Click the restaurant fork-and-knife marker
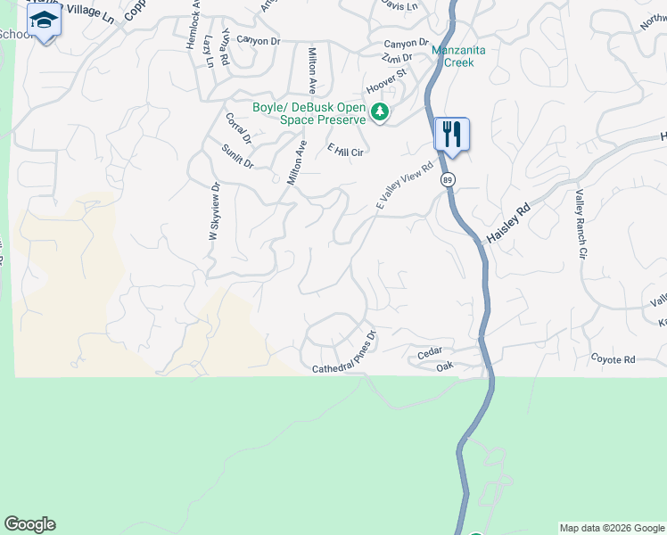pyautogui.click(x=451, y=135)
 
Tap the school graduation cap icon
pyautogui.click(x=43, y=21)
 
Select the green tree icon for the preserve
pyautogui.click(x=380, y=112)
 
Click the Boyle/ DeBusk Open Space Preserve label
pyautogui.click(x=309, y=113)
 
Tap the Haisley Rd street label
pyautogui.click(x=508, y=224)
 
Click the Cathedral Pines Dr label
pyautogui.click(x=345, y=353)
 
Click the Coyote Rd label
pyautogui.click(x=613, y=358)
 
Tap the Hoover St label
pyautogui.click(x=384, y=82)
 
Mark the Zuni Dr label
pyautogui.click(x=396, y=56)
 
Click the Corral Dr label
pyautogui.click(x=239, y=128)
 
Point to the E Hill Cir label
pyautogui.click(x=346, y=151)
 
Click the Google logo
pyautogui.click(x=29, y=524)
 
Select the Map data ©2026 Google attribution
pyautogui.click(x=612, y=528)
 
